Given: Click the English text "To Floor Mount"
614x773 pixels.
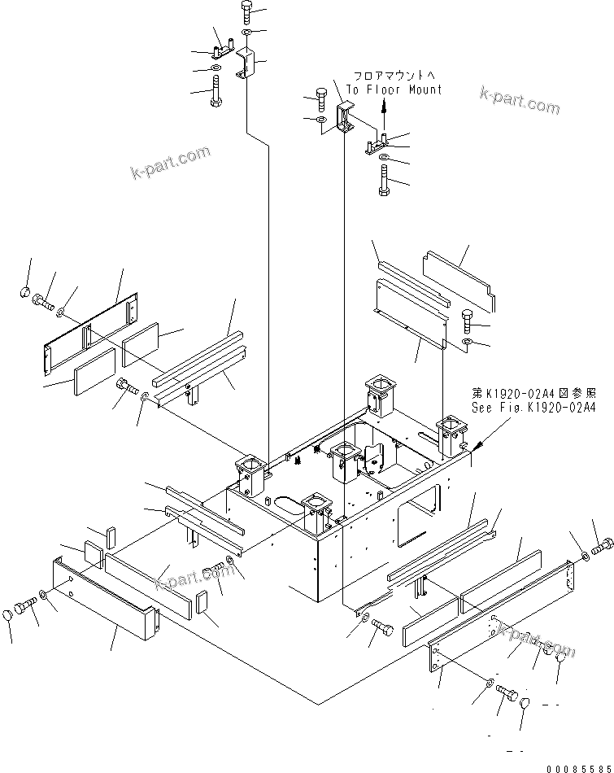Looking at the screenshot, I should click(394, 90).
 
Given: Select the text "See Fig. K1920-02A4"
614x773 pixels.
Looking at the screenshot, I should click(533, 408).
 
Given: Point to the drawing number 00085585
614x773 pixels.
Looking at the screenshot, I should click(577, 765).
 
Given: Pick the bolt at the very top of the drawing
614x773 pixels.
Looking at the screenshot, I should click(248, 11).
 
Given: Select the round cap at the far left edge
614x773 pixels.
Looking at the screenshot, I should click(24, 291).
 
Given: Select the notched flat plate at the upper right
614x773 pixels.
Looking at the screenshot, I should click(459, 280).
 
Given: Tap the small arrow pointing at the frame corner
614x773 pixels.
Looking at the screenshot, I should click(479, 446).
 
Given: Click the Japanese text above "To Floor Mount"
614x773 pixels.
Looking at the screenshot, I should click(394, 76).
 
